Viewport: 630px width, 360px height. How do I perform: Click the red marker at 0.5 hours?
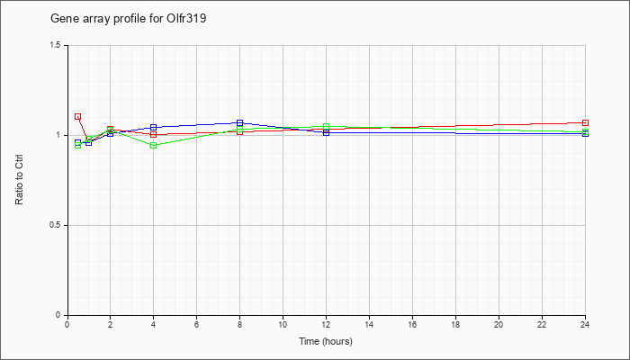coord(78,116)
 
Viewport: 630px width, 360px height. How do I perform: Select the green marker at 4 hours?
coord(154,145)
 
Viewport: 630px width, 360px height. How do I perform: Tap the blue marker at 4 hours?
coord(154,128)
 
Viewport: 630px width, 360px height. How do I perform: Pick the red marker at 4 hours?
coord(154,135)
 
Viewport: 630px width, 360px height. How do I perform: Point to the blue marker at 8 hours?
coord(240,122)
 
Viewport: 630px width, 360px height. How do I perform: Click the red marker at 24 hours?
coord(585,122)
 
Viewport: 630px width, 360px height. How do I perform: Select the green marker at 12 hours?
coord(326,126)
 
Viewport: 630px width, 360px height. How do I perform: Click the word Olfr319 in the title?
coord(186,19)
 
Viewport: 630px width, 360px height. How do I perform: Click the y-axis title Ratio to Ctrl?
coord(19,180)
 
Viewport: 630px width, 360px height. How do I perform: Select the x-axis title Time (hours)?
coord(326,341)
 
